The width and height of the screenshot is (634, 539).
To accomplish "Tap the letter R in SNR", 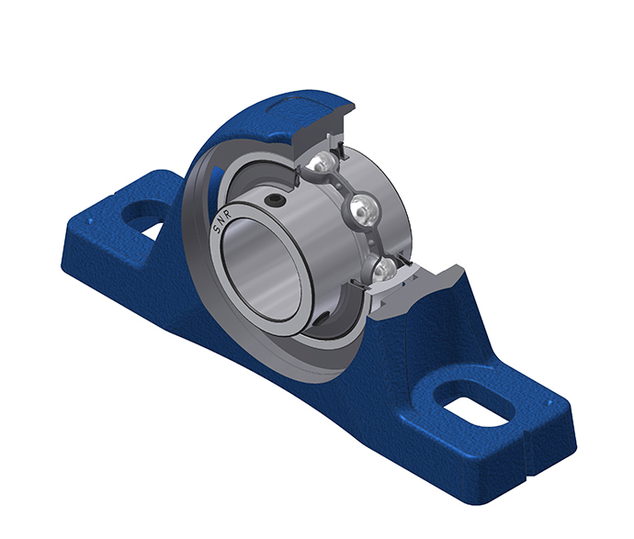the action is point(228,216).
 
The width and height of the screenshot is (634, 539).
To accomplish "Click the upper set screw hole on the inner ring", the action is point(270,200).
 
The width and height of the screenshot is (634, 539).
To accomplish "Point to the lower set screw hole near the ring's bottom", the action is point(323,319).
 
